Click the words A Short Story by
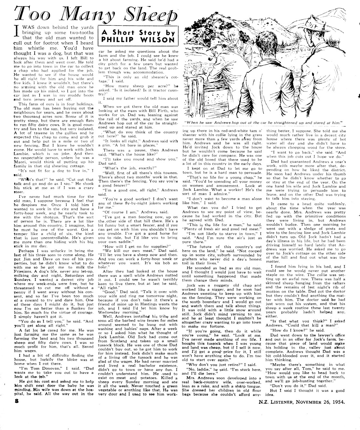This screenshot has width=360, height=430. point(138,32)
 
